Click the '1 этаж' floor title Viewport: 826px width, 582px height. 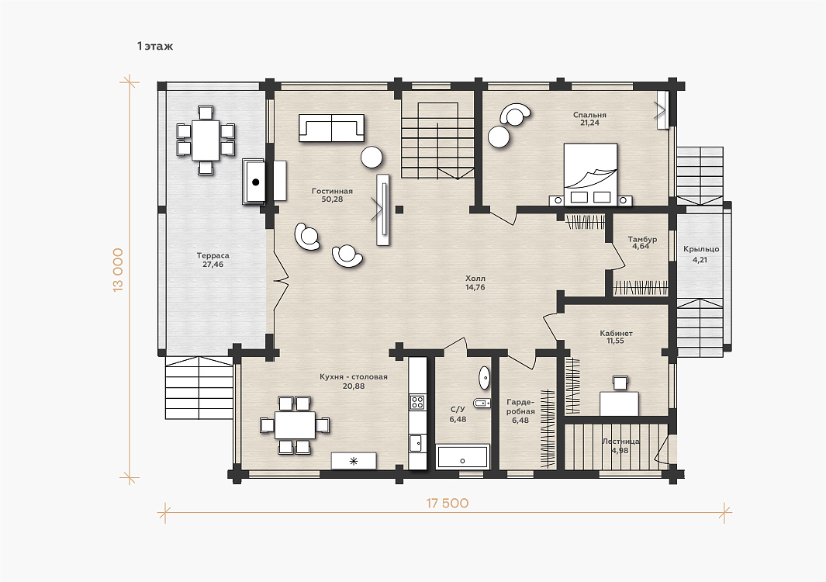click(x=155, y=47)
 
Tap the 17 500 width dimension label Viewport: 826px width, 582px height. click(x=448, y=503)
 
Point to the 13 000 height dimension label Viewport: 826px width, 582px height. click(x=118, y=270)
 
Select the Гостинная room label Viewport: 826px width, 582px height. click(x=332, y=192)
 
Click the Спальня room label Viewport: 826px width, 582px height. click(x=589, y=115)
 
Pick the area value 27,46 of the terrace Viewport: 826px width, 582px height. click(x=213, y=265)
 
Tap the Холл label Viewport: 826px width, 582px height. click(x=475, y=279)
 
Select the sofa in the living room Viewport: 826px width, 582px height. click(x=331, y=128)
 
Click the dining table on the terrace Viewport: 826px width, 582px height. click(x=206, y=140)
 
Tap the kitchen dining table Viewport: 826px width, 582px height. click(x=295, y=425)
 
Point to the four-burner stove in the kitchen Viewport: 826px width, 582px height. click(x=417, y=402)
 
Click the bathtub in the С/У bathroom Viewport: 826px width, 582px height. click(x=463, y=456)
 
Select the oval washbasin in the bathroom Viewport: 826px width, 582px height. click(x=484, y=378)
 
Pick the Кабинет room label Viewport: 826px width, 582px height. click(x=616, y=333)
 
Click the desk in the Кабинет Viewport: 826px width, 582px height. click(x=620, y=404)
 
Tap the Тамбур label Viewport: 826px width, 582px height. click(x=642, y=239)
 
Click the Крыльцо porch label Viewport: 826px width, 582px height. click(x=700, y=249)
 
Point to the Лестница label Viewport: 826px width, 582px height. click(x=620, y=442)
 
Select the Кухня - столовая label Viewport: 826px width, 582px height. click(x=354, y=377)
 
